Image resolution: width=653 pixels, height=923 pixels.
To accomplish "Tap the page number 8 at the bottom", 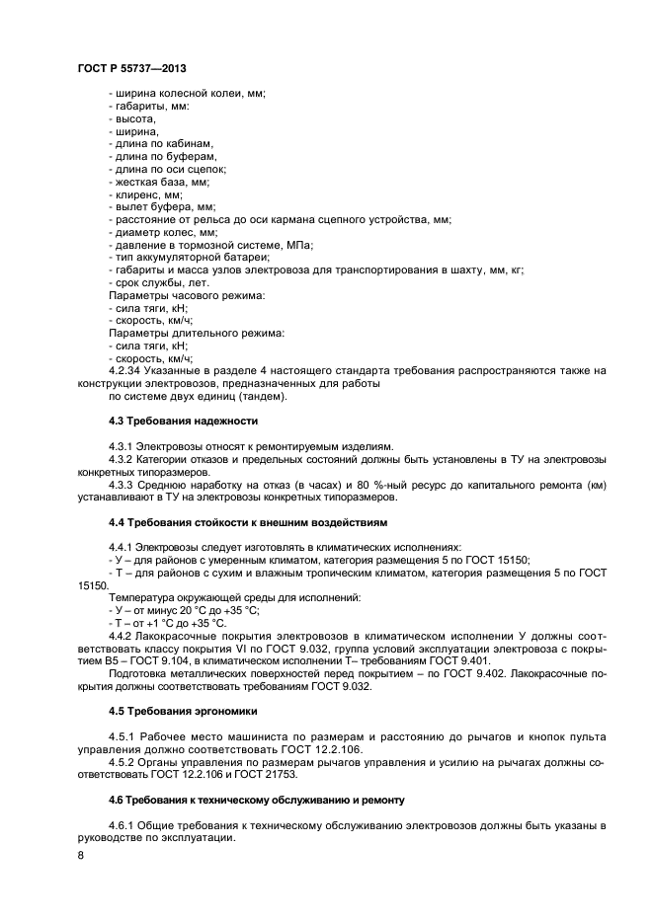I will point(80,855).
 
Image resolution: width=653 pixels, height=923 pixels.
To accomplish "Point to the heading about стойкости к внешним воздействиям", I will point(248,521).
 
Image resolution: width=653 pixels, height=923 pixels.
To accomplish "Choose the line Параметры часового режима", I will point(186,295).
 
